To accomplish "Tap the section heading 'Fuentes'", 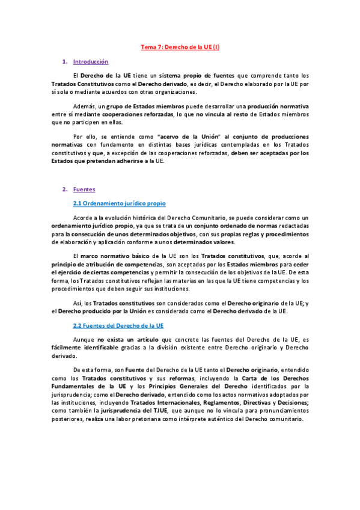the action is click(x=84, y=189).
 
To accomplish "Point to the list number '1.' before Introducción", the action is click(x=64, y=62).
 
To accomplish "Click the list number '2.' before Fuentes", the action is click(x=64, y=189).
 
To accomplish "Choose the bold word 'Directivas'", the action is click(x=257, y=402).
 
